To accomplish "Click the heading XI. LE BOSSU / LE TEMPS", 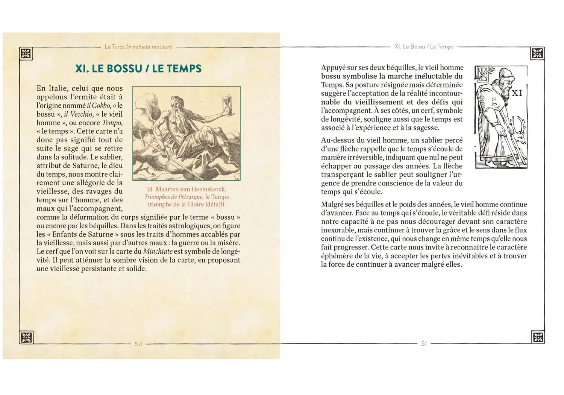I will tap(138, 68).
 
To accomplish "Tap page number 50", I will tap(138, 344).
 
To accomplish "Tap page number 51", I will tap(424, 343).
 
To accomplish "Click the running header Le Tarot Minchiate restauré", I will tap(138, 47).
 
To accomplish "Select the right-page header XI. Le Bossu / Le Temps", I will tap(424, 47).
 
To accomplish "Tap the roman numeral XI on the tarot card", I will tap(517, 93).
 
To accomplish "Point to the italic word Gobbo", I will tap(101, 106).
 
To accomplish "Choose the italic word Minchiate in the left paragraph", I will tap(158, 251).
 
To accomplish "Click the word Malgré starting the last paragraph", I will tap(332, 205).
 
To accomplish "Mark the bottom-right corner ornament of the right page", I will tap(538, 337).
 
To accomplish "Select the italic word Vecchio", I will tap(82, 114).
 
